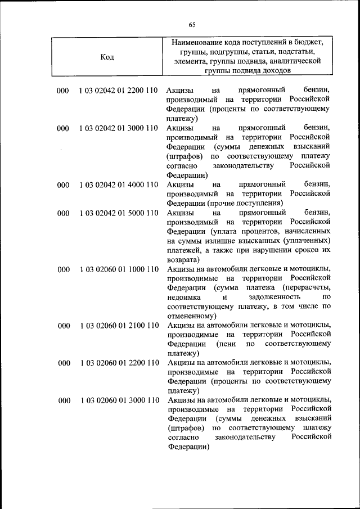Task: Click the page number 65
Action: pos(192,24)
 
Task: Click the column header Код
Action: pos(107,57)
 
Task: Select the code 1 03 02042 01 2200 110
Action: pos(118,91)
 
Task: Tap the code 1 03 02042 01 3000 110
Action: pos(118,128)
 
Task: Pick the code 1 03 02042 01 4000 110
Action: pos(118,184)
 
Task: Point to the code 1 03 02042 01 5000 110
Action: pos(118,213)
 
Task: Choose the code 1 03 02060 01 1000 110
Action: pos(118,269)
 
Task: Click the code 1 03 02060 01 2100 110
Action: pos(118,326)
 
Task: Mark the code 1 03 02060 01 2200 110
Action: pos(118,363)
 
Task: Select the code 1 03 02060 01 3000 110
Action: pos(118,400)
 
